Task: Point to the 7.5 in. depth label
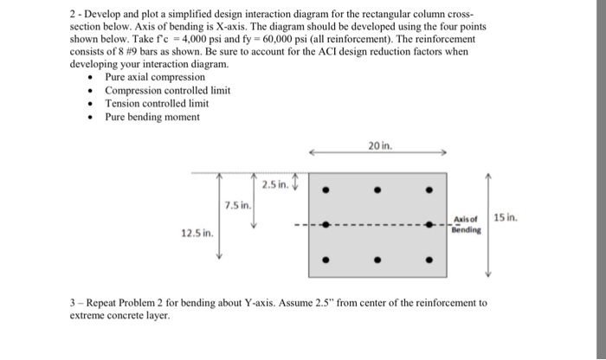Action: pos(237,205)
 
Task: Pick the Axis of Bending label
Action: pos(465,225)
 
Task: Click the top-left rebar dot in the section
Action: pos(326,189)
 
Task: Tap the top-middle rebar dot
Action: pos(377,189)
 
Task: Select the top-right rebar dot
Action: pos(429,189)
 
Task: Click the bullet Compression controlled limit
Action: pos(167,90)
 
